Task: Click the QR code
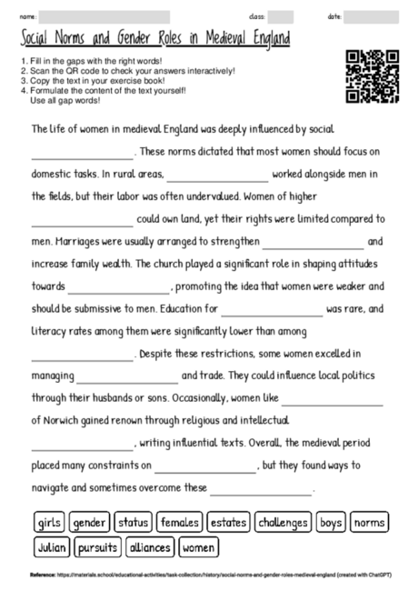[373, 77]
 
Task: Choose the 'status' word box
[133, 523]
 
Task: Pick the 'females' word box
[179, 523]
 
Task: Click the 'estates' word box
[227, 523]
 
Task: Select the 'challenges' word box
[282, 523]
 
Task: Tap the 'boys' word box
[331, 523]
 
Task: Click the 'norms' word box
[369, 523]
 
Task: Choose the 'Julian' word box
[52, 548]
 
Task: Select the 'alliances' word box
[149, 548]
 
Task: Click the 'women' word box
[198, 548]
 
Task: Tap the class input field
[280, 16]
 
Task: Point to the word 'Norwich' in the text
[57, 421]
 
